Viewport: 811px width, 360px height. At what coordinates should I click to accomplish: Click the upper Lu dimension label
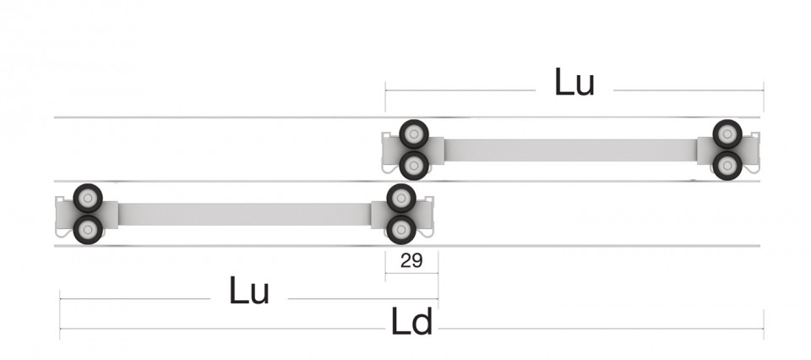click(574, 82)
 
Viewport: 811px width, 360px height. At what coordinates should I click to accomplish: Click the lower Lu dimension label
click(248, 290)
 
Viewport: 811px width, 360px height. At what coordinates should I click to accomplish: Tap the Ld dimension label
click(411, 322)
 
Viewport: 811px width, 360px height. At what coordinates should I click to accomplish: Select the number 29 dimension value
click(411, 260)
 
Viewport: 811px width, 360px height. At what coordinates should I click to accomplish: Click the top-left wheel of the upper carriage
click(414, 134)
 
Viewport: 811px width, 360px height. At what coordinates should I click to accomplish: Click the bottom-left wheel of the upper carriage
click(414, 166)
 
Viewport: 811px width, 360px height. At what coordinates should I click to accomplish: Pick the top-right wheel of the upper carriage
click(727, 134)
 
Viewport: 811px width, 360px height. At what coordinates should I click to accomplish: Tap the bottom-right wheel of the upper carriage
click(727, 166)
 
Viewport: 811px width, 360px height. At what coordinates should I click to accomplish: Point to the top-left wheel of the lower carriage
click(88, 198)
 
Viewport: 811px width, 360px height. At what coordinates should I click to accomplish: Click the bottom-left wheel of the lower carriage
click(88, 230)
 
